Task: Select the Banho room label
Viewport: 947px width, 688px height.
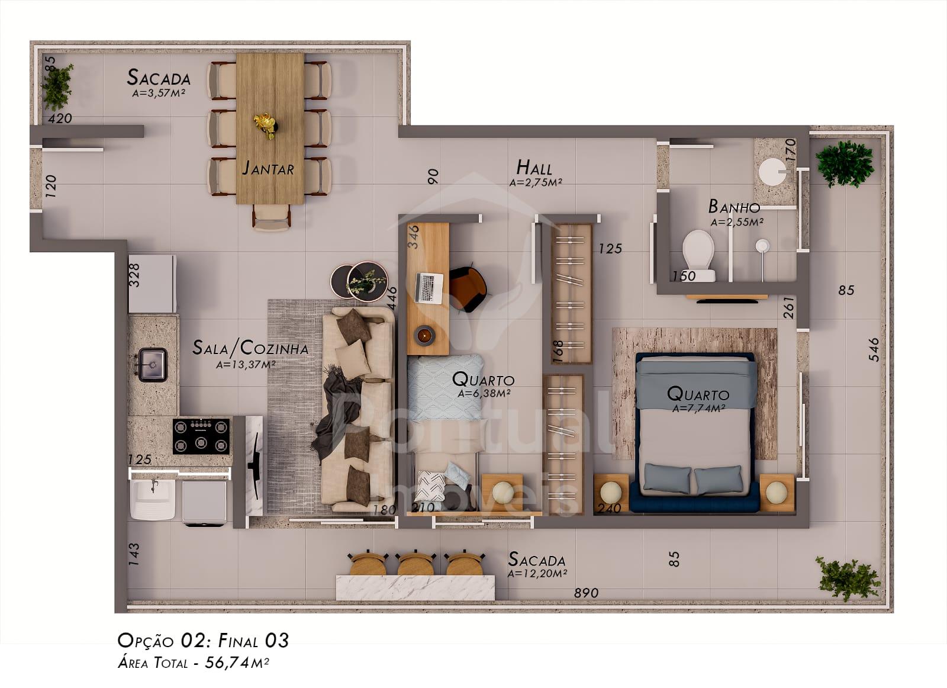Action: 734,207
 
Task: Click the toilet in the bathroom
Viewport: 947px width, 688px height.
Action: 698,255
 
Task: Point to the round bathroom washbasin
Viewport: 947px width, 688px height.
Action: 772,172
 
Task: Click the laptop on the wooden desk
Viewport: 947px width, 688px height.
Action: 429,288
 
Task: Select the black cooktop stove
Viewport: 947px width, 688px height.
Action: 201,436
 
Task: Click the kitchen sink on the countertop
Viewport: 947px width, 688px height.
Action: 153,365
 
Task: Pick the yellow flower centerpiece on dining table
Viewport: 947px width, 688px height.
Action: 265,125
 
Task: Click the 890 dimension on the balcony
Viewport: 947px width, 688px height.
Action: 586,593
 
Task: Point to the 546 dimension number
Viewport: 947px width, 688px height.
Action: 874,349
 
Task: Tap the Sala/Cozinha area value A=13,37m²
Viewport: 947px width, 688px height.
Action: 246,364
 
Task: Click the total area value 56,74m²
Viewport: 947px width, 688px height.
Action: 237,663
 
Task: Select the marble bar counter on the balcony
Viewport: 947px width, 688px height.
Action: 415,587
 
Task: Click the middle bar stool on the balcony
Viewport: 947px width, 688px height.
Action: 415,563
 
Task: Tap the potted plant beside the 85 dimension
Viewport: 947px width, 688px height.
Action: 57,87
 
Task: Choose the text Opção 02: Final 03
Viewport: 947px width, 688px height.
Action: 204,641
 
